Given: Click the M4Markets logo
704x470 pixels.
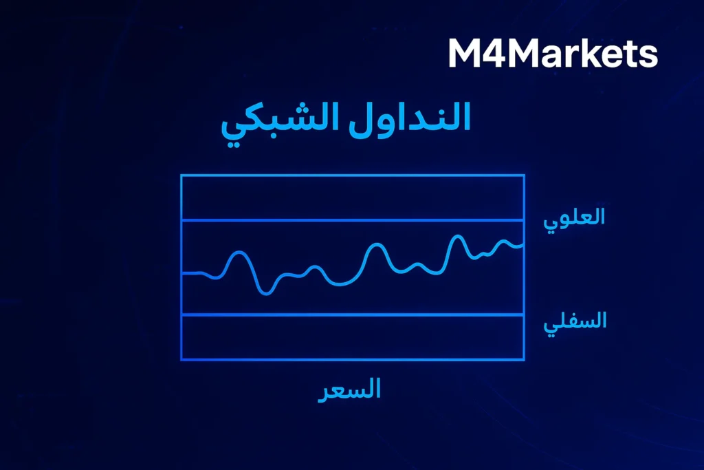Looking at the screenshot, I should (553, 54).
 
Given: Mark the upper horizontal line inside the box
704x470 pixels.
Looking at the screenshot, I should (352, 220).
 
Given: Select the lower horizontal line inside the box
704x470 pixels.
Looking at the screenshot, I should (352, 314).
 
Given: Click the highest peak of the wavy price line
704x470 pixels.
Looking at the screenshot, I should (457, 237).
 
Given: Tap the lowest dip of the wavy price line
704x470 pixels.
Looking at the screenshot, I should (267, 293).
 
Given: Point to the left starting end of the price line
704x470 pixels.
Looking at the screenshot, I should (183, 273).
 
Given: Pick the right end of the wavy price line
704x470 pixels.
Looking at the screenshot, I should (523, 244).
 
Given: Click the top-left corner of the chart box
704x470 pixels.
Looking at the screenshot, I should (181, 175).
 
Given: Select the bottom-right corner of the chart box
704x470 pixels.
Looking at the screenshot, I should (524, 359).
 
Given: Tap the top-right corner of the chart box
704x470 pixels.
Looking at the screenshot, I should (524, 175).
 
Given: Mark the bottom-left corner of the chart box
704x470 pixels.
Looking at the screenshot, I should (181, 359).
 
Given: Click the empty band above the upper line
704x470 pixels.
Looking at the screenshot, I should (352, 198).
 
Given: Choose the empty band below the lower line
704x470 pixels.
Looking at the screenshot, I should (352, 337).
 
